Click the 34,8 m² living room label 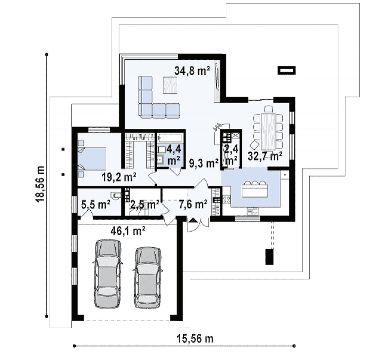click(x=192, y=71)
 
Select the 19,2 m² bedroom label click(x=119, y=177)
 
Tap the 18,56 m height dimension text click(x=40, y=184)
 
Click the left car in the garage click(x=108, y=273)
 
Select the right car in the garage click(x=148, y=278)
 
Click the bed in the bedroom click(x=92, y=158)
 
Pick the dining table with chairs click(x=268, y=132)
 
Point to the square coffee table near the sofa click(x=170, y=85)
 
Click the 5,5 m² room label click(x=96, y=204)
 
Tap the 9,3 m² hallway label click(x=204, y=163)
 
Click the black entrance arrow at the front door click(x=193, y=220)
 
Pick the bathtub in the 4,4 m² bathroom click(x=170, y=138)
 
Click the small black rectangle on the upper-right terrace click(x=287, y=70)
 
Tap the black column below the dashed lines click(x=269, y=257)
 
